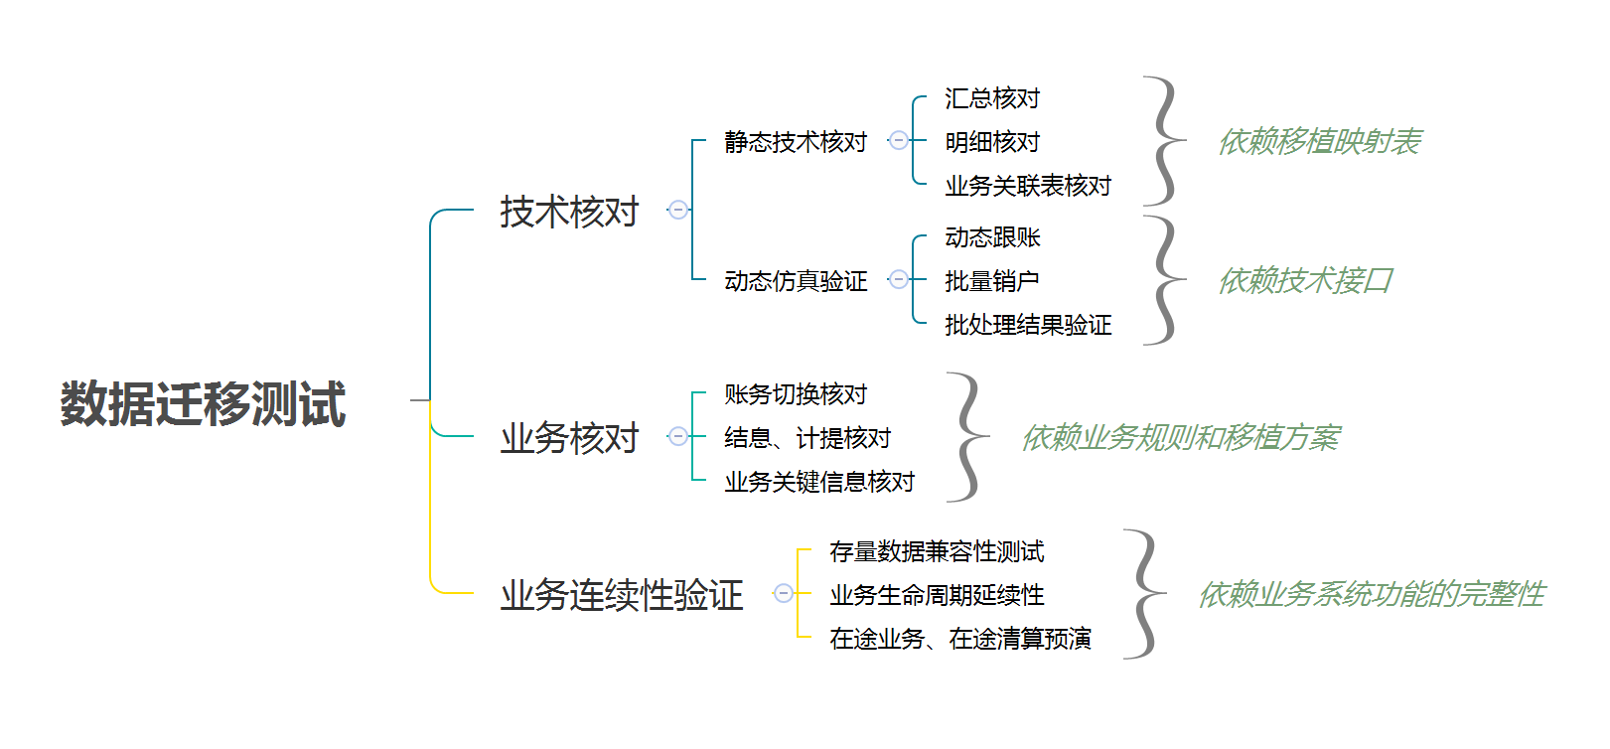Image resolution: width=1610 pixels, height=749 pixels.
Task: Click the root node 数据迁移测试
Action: click(203, 404)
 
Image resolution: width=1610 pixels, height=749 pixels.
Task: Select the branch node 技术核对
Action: click(569, 212)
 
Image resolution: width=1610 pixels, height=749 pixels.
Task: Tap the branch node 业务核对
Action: click(569, 438)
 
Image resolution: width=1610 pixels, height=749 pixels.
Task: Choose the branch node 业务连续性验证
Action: click(622, 595)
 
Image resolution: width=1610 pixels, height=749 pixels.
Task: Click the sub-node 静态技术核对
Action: click(796, 142)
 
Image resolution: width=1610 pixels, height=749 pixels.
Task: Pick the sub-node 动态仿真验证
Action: click(796, 281)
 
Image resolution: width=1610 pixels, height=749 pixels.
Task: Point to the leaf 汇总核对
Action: click(992, 98)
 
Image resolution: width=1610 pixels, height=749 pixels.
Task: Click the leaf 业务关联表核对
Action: click(1028, 186)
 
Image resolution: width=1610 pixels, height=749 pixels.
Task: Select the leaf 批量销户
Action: click(992, 281)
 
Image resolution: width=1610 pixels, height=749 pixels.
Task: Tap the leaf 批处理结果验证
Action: click(1028, 325)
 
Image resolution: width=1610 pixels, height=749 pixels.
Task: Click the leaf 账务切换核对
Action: click(796, 394)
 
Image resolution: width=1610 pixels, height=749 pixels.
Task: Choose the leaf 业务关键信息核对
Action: click(819, 482)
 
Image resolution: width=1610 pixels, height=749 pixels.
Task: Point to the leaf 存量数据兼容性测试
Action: click(937, 551)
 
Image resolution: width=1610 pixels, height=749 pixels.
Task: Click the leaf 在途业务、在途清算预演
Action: click(960, 639)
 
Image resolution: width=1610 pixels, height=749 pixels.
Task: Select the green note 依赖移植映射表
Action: click(1320, 142)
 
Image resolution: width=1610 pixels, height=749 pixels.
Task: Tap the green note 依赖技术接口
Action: click(1306, 281)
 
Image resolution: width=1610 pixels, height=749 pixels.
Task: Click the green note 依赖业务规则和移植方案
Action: click(1181, 437)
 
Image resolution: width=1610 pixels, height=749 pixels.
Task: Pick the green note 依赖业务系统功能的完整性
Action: click(1372, 594)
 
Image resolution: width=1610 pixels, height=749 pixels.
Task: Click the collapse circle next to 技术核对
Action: click(678, 210)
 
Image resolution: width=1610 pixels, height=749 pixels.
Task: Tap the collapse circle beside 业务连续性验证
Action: click(784, 593)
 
